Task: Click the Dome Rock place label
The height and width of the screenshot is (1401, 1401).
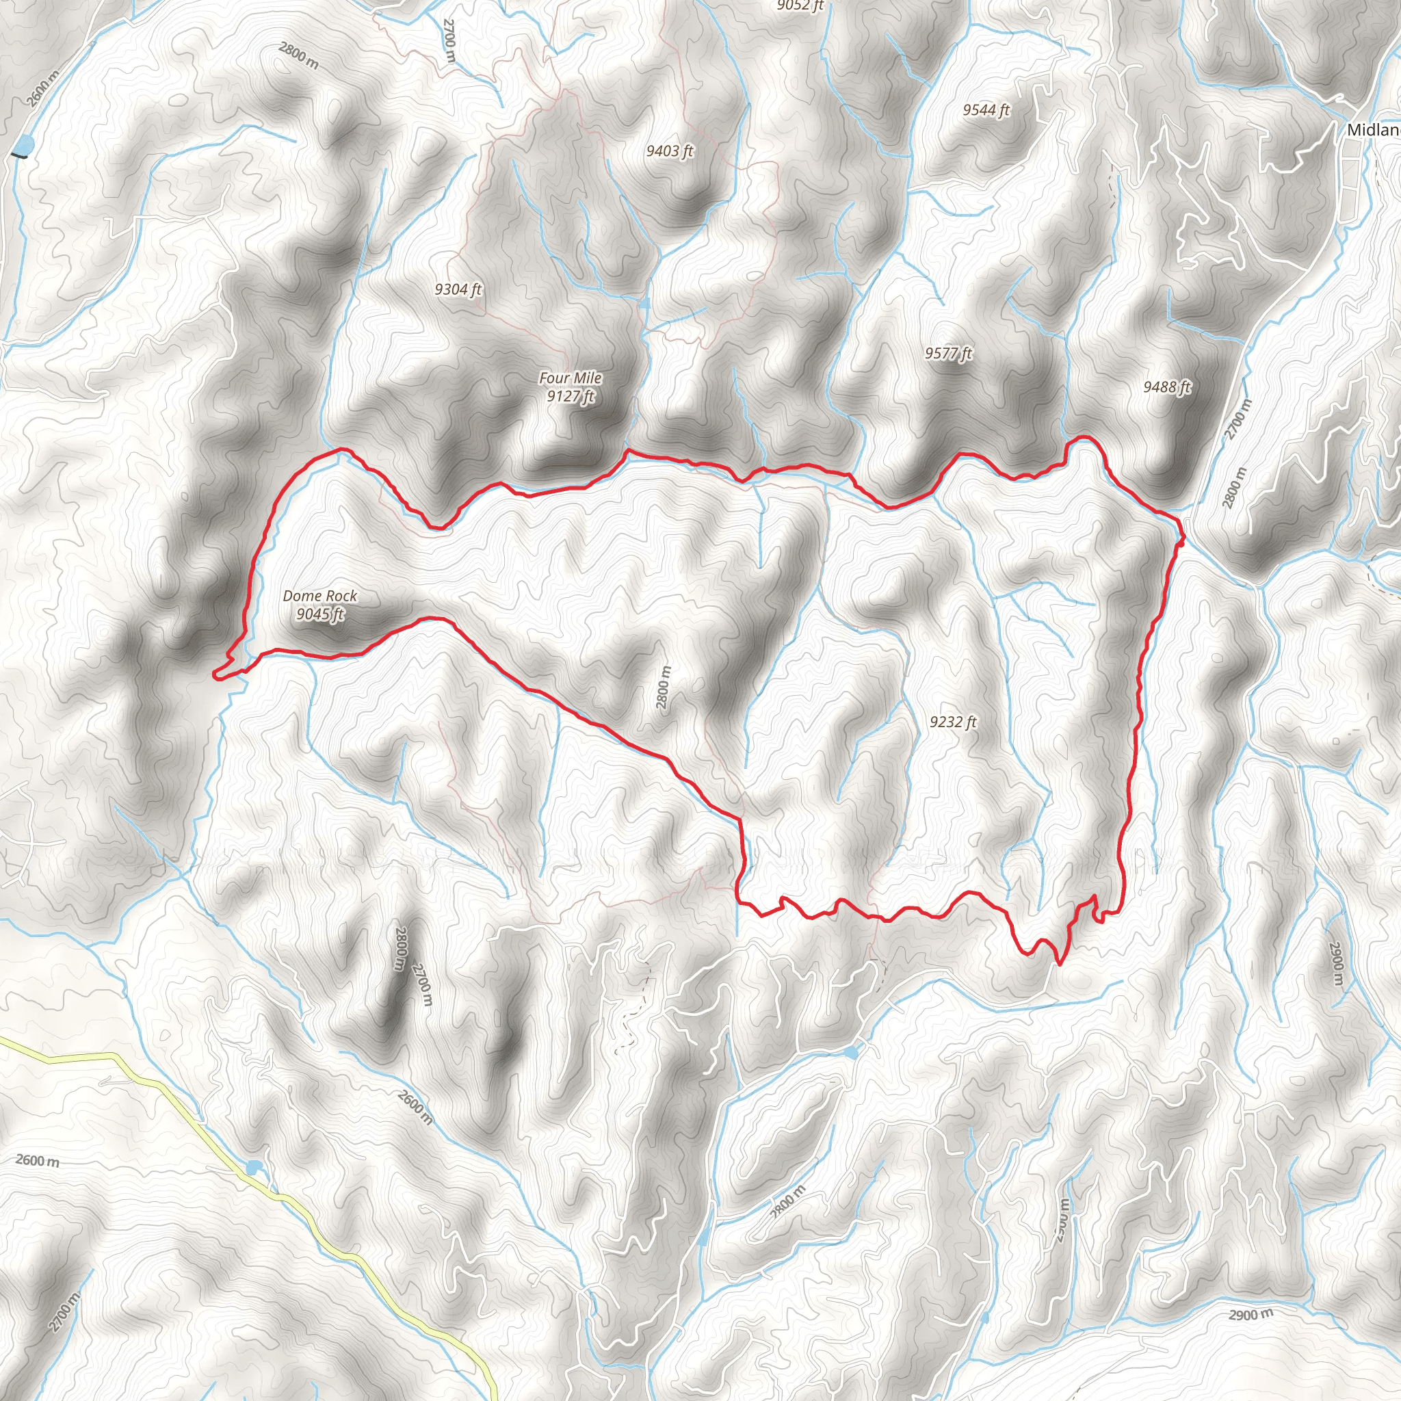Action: [x=319, y=595]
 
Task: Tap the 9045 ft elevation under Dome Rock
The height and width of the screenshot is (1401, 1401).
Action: [x=319, y=614]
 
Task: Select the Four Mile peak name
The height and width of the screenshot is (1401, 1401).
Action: [x=570, y=378]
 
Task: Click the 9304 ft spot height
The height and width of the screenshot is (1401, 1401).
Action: [x=458, y=289]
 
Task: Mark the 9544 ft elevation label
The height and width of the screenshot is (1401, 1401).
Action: [x=986, y=110]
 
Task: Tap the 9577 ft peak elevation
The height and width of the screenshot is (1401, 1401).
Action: [x=947, y=353]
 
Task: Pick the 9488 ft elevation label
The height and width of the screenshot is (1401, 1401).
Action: [x=1167, y=387]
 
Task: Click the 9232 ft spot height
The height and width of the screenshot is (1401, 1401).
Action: [x=953, y=722]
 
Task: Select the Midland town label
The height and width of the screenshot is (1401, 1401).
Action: [x=1373, y=131]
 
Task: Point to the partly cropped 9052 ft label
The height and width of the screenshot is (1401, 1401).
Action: [x=800, y=5]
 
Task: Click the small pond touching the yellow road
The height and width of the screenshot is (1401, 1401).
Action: [x=252, y=1168]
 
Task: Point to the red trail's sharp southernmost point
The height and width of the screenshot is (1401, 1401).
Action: [x=1060, y=965]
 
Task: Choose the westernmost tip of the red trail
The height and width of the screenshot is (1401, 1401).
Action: [x=215, y=675]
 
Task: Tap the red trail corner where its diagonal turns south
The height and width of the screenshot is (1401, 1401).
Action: [x=740, y=821]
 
